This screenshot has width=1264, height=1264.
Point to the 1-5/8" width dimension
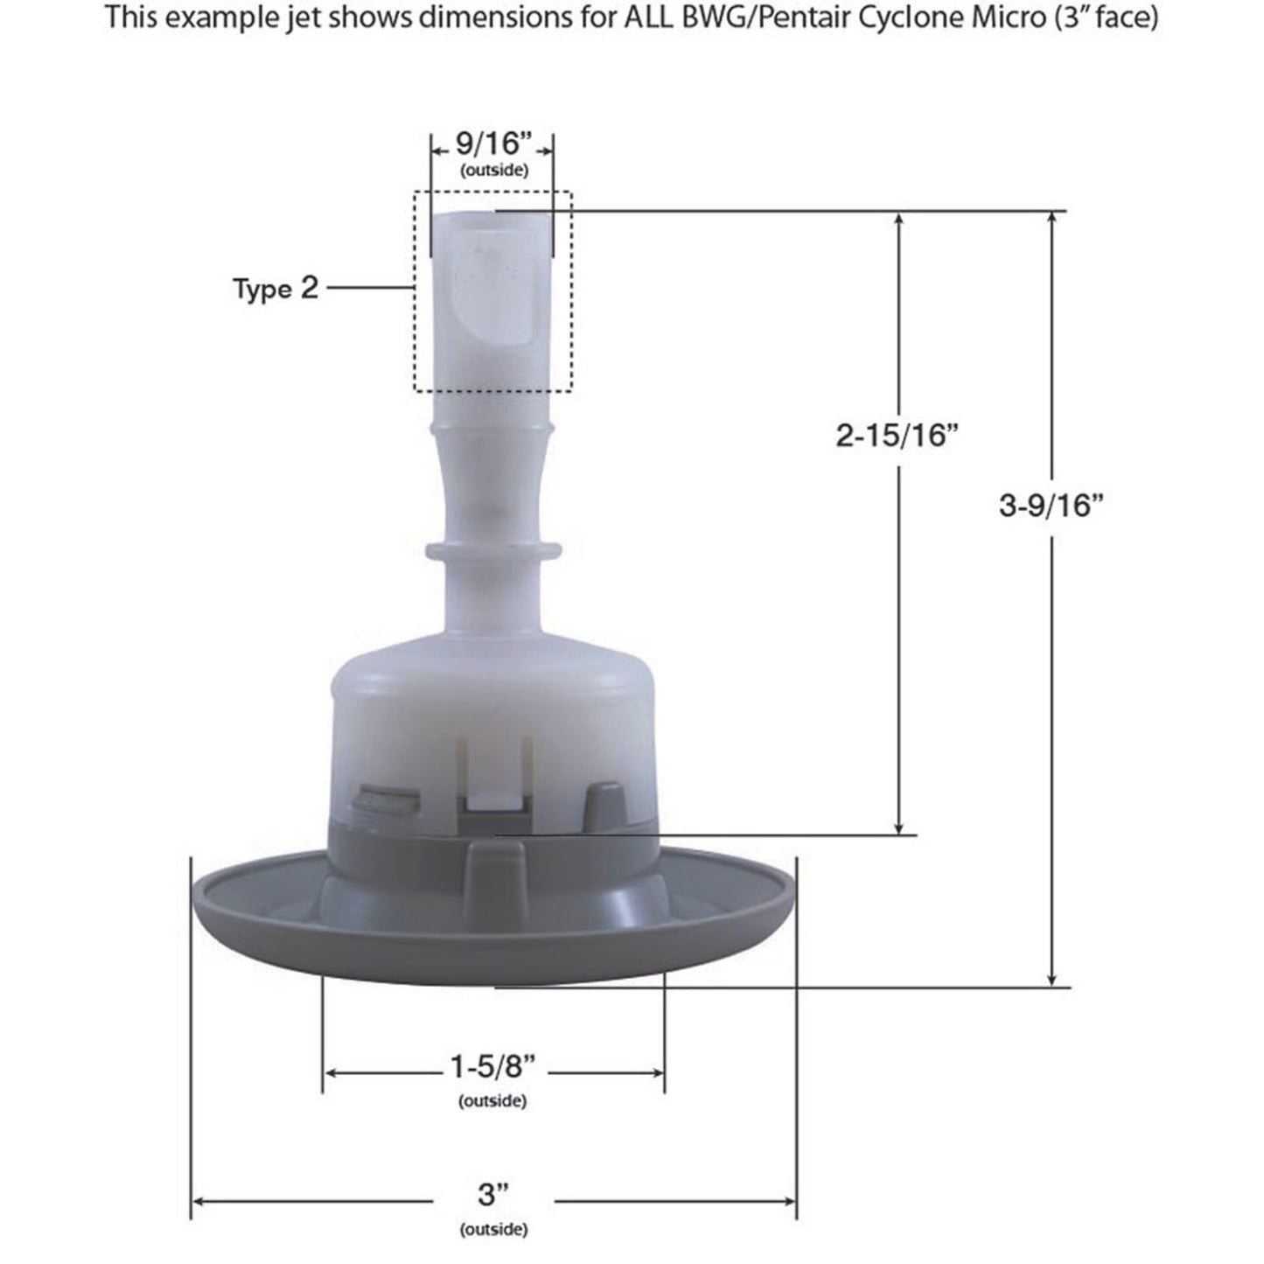(492, 1068)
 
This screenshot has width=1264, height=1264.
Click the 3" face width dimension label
(493, 1194)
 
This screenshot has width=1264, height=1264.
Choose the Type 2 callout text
(276, 288)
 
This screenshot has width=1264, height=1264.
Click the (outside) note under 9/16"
(493, 171)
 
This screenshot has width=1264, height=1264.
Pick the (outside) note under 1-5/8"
(492, 1100)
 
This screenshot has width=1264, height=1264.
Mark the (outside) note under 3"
(493, 1229)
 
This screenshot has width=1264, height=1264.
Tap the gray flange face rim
(262, 910)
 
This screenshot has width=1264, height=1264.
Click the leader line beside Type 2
(367, 287)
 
